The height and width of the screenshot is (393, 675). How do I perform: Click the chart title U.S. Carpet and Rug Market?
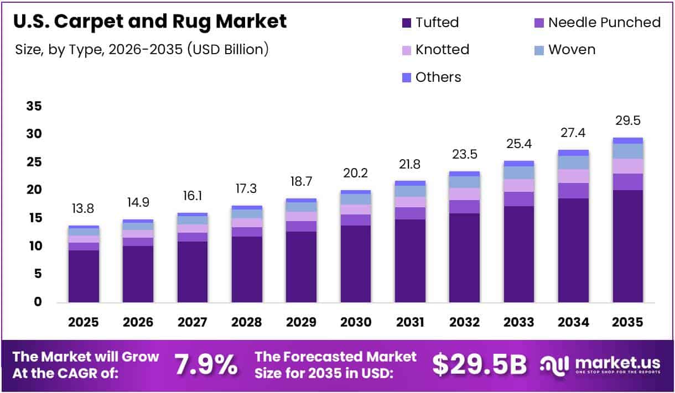click(150, 22)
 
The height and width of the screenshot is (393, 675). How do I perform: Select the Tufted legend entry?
click(430, 23)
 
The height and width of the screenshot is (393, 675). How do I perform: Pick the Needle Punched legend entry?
click(597, 23)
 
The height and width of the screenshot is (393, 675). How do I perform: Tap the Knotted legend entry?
click(435, 50)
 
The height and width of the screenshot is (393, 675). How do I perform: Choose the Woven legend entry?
click(564, 50)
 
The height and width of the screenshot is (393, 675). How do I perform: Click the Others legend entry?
click(431, 77)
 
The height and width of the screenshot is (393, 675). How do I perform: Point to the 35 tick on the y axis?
click(34, 107)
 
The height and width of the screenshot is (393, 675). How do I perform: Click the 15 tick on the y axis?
click(34, 218)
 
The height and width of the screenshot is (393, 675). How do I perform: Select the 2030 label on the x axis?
click(356, 322)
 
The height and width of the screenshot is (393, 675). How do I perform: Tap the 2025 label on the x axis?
click(84, 322)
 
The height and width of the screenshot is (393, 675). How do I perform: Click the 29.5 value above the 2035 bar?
click(627, 121)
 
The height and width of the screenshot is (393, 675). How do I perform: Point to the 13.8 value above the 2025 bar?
click(84, 209)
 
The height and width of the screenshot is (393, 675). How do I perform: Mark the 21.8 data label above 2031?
click(410, 164)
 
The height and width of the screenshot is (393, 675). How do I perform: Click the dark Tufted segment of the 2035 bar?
click(627, 246)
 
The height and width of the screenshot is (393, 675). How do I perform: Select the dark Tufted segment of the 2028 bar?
click(247, 269)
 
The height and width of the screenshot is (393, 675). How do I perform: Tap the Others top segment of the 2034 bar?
click(573, 153)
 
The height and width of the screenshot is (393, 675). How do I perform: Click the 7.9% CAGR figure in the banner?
click(206, 365)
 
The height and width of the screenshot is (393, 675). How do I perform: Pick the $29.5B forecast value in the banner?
click(479, 365)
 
